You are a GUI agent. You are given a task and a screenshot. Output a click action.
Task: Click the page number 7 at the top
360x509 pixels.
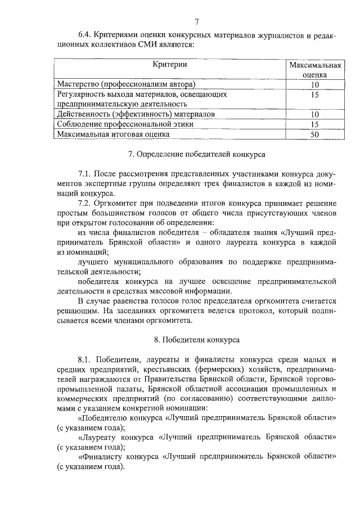[197, 22]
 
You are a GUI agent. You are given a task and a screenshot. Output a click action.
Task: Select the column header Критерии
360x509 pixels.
[169, 65]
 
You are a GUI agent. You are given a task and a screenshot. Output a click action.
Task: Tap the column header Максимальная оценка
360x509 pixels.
[314, 70]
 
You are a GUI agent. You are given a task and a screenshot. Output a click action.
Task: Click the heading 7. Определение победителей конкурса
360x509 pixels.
[196, 153]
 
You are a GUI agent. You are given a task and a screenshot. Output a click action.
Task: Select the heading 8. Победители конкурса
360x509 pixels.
[196, 340]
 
